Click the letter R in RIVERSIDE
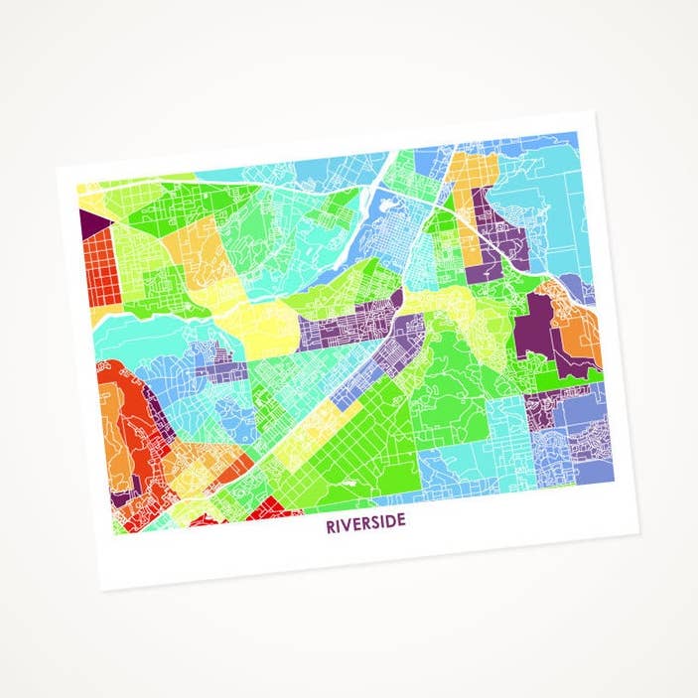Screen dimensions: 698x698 [x=330, y=525]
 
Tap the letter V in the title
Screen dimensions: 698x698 [x=347, y=525]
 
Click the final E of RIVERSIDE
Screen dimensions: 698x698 [x=400, y=522]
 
